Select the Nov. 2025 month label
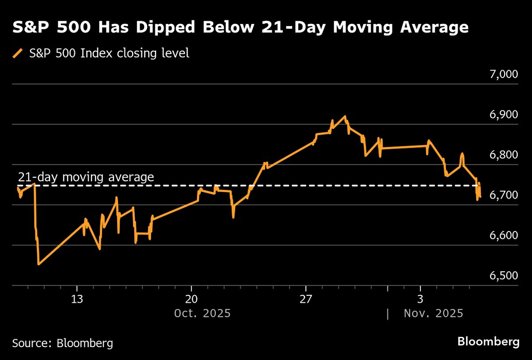(x=433, y=313)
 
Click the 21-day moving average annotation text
(x=86, y=177)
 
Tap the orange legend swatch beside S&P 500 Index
(x=18, y=54)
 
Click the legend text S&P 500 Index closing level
(x=109, y=54)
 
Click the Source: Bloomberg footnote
(x=63, y=343)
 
